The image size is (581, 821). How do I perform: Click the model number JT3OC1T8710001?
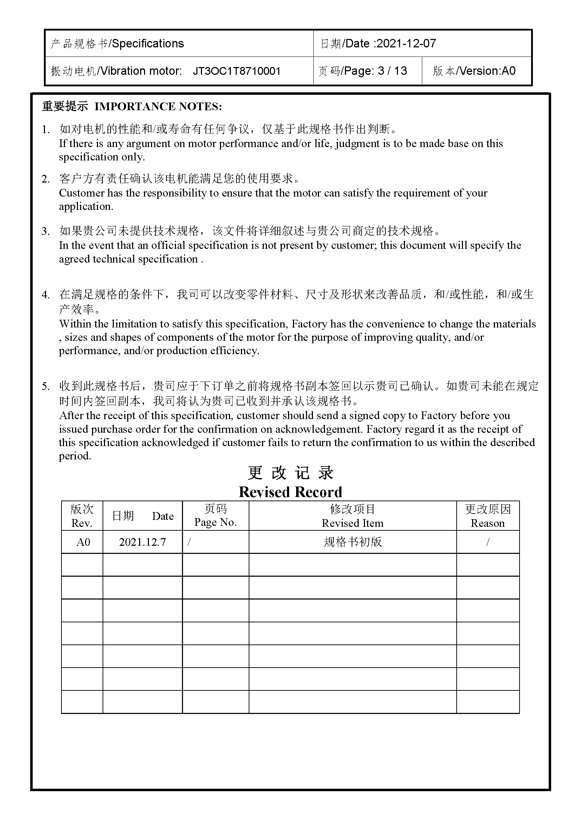pyautogui.click(x=236, y=71)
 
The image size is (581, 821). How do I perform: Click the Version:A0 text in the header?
pyautogui.click(x=487, y=71)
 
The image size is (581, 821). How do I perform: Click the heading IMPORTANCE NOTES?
pyautogui.click(x=158, y=106)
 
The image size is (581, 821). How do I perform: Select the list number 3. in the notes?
pyautogui.click(x=45, y=231)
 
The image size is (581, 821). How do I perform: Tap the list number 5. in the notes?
pyautogui.click(x=45, y=386)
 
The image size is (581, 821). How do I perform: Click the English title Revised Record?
pyautogui.click(x=290, y=492)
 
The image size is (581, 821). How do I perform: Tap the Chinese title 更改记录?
pyautogui.click(x=290, y=473)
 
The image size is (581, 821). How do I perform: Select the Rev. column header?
pyautogui.click(x=81, y=523)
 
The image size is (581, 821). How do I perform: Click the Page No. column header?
pyautogui.click(x=215, y=522)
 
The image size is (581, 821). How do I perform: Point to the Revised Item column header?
pyautogui.click(x=352, y=523)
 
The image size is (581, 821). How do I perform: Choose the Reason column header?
pyautogui.click(x=488, y=523)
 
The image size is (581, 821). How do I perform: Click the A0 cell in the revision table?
pyautogui.click(x=83, y=542)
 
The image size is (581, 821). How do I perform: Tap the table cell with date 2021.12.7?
pyautogui.click(x=142, y=542)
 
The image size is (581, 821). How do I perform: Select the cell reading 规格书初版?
pyautogui.click(x=352, y=542)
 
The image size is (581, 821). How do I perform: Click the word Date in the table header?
pyautogui.click(x=163, y=516)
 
